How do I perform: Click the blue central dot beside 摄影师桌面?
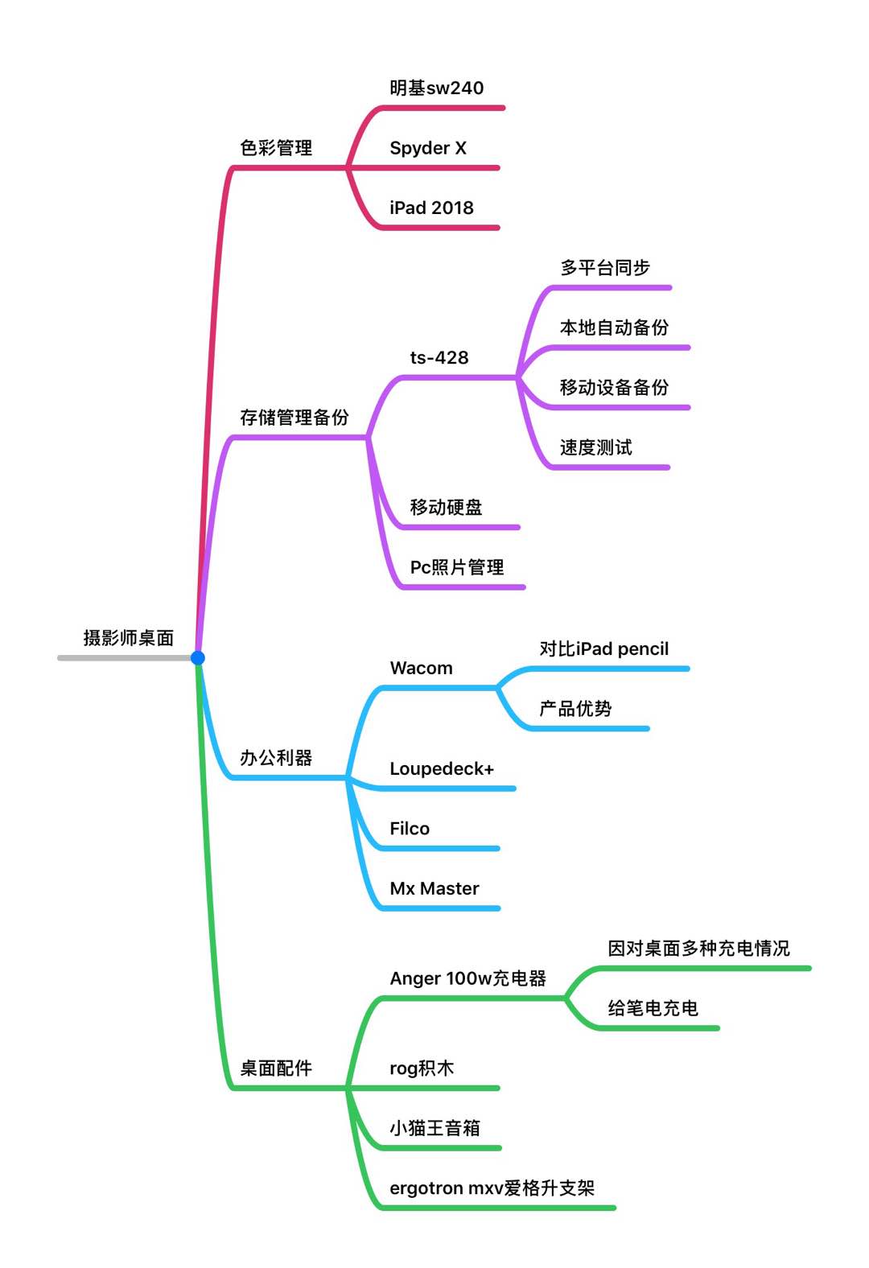tap(198, 658)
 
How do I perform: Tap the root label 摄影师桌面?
tap(129, 638)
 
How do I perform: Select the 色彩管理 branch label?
tap(276, 148)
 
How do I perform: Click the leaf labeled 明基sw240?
tap(437, 88)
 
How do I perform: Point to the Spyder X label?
tap(428, 148)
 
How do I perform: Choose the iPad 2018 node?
tap(431, 208)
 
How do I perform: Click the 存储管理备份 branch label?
tap(294, 418)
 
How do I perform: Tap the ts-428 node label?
tap(439, 357)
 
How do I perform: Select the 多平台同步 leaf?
tap(605, 268)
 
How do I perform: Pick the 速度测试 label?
tap(596, 447)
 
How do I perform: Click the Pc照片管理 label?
tap(457, 567)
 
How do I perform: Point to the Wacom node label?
tap(421, 668)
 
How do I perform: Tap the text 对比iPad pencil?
tap(604, 648)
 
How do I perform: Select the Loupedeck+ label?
tap(442, 768)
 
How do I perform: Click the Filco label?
tap(410, 828)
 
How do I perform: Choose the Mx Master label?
tap(434, 888)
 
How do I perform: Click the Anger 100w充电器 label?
tap(468, 978)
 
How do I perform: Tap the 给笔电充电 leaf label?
tap(653, 1008)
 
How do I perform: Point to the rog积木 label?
tap(422, 1068)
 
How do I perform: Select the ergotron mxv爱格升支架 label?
tap(492, 1188)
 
